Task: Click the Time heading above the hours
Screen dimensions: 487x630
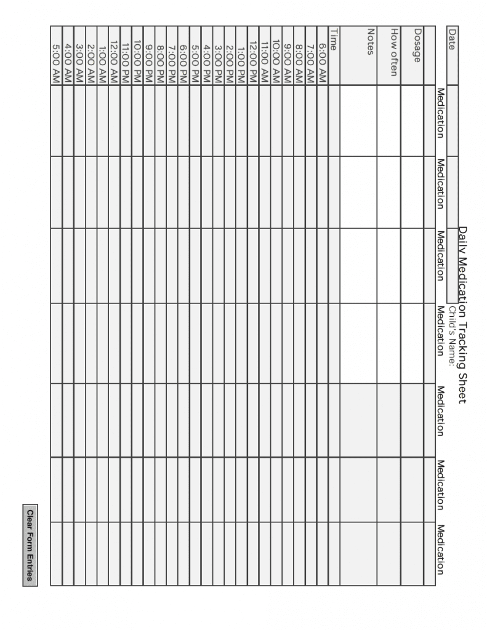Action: click(333, 34)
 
